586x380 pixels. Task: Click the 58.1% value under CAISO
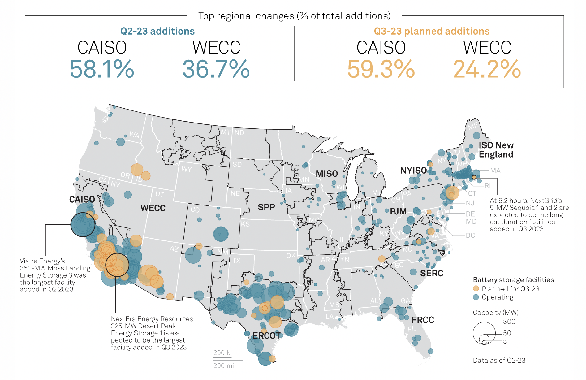(x=102, y=69)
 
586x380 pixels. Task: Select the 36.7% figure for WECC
(x=216, y=69)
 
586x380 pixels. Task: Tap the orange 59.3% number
(x=381, y=69)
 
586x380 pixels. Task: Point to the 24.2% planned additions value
(x=487, y=69)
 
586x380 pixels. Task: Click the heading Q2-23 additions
(x=157, y=31)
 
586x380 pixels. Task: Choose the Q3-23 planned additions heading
(x=432, y=31)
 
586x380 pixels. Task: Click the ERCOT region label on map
(x=266, y=336)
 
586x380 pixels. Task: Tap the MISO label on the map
(x=327, y=174)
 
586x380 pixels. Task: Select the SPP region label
(x=266, y=207)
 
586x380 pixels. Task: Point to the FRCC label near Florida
(x=423, y=320)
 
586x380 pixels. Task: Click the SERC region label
(x=432, y=273)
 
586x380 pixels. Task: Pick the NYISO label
(x=413, y=171)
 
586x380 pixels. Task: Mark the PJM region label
(x=398, y=211)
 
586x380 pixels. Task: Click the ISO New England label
(x=496, y=150)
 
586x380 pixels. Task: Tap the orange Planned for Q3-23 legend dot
(x=476, y=288)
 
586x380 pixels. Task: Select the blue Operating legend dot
(x=476, y=297)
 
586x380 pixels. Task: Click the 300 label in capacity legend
(x=509, y=322)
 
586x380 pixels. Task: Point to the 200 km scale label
(x=225, y=353)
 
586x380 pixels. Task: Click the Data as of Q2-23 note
(x=499, y=360)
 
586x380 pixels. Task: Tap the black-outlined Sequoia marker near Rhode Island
(x=474, y=177)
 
